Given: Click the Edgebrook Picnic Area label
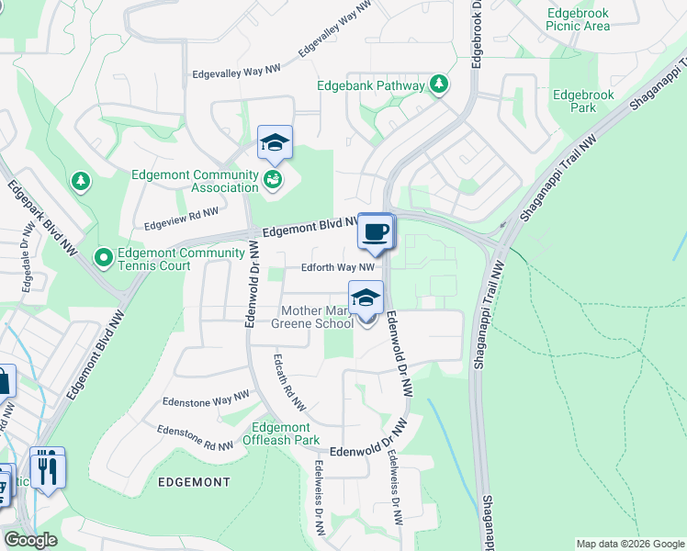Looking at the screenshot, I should pyautogui.click(x=577, y=20).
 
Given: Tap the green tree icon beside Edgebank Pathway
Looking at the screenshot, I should pyautogui.click(x=440, y=85).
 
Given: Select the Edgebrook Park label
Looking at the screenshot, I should pyautogui.click(x=577, y=101).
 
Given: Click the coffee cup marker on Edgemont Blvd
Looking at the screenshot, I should pyautogui.click(x=374, y=231).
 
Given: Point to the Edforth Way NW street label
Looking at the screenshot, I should pyautogui.click(x=338, y=267).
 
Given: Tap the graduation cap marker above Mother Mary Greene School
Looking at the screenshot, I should pyautogui.click(x=366, y=298).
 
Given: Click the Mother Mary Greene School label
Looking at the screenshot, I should pyautogui.click(x=312, y=318).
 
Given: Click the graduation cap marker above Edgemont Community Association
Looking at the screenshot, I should pyautogui.click(x=275, y=142).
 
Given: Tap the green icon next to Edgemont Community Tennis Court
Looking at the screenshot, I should pyautogui.click(x=104, y=255).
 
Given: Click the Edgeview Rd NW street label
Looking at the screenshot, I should pyautogui.click(x=182, y=218).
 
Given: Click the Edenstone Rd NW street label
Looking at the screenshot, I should pyautogui.click(x=195, y=438).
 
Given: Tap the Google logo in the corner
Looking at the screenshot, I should pyautogui.click(x=30, y=540).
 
